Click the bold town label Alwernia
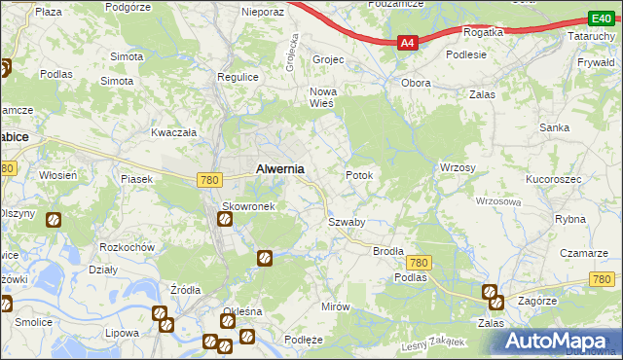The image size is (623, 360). click(279, 168)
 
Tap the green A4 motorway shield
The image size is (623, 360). click(408, 43)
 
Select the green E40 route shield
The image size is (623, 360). click(600, 18)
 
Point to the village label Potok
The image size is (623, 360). click(359, 175)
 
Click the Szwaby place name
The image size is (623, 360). click(346, 222)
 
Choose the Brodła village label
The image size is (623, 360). click(388, 250)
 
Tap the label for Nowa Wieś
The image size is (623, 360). click(322, 97)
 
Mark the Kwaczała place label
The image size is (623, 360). click(174, 131)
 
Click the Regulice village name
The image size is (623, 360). click(237, 76)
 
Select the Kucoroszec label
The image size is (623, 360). click(554, 180)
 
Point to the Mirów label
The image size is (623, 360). click(335, 306)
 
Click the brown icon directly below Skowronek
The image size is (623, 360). click(225, 220)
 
